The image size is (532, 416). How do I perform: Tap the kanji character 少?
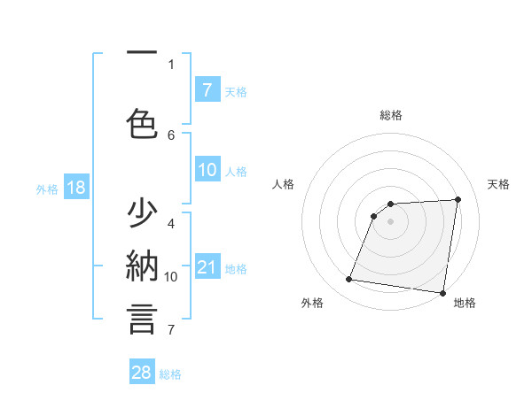(x=142, y=214)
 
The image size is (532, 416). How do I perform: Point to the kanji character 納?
(x=142, y=265)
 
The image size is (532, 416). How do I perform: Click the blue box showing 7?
(x=207, y=89)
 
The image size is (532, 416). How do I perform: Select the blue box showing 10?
(x=207, y=170)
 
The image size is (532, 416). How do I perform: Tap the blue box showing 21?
(x=207, y=266)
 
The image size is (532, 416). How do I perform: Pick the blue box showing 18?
(x=74, y=188)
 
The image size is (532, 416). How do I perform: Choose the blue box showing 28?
(x=142, y=373)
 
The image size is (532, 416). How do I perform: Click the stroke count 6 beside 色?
(x=171, y=135)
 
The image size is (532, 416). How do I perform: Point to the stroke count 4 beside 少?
(x=171, y=223)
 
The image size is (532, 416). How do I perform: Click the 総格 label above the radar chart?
(x=390, y=115)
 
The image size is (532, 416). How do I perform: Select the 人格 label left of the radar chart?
(x=283, y=184)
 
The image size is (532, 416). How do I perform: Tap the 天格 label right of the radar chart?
(x=499, y=184)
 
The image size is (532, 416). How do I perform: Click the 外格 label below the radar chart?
(x=312, y=303)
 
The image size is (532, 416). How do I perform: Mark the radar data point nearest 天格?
(x=458, y=199)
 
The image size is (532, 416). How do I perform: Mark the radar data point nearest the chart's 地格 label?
(x=442, y=292)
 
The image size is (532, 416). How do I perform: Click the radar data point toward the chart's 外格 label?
(x=349, y=280)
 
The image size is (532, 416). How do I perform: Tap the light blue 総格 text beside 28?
(x=170, y=374)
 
